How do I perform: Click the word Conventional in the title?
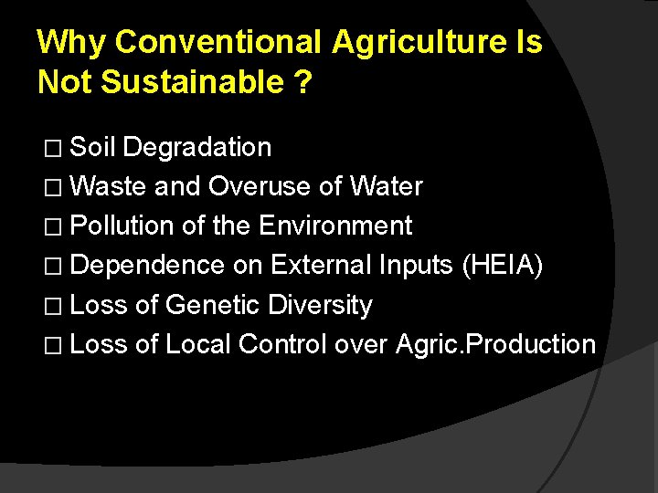(x=219, y=42)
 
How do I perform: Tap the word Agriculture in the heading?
(x=425, y=42)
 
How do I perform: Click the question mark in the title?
(x=303, y=82)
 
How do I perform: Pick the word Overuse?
(x=260, y=187)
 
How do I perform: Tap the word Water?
(x=386, y=187)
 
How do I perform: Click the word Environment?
(x=335, y=226)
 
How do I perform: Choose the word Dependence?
(x=147, y=266)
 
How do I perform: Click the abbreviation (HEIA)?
(x=503, y=266)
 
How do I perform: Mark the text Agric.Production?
(x=496, y=344)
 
